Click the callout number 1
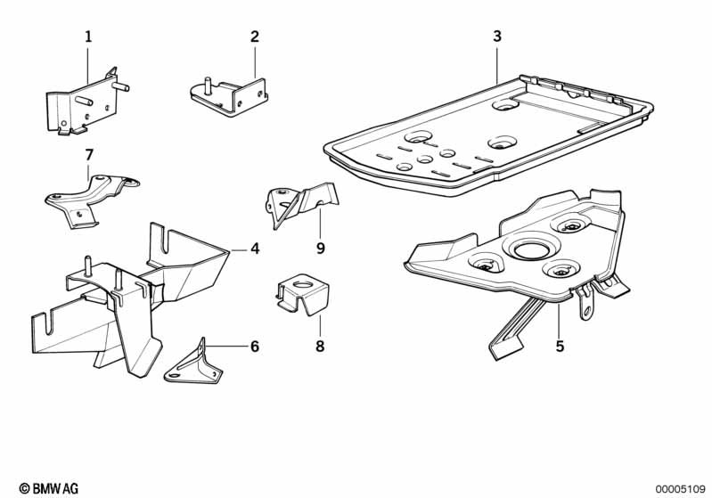(88, 37)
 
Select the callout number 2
(255, 37)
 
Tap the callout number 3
(497, 37)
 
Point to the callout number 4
(255, 249)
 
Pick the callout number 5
(560, 347)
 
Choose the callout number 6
(255, 347)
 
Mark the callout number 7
(89, 155)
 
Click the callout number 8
(320, 347)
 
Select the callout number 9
(321, 249)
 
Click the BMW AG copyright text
(49, 488)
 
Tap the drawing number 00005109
(680, 489)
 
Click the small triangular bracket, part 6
(194, 364)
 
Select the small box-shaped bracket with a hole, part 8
(302, 295)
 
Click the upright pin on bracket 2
(208, 86)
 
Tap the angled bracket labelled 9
(302, 202)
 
